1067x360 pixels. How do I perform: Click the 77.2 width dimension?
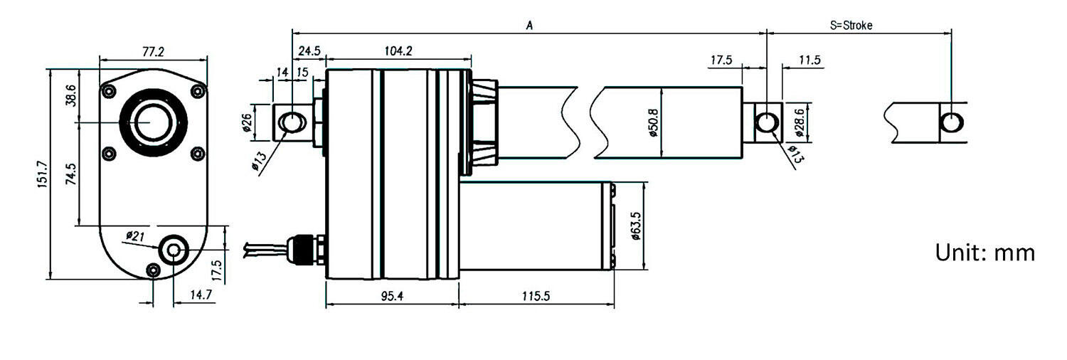pyautogui.click(x=153, y=52)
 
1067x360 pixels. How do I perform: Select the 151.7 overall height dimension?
pyautogui.click(x=41, y=174)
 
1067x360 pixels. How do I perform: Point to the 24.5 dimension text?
pyautogui.click(x=310, y=51)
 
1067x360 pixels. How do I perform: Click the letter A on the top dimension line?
pyautogui.click(x=529, y=25)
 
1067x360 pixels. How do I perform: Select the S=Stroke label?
pyautogui.click(x=851, y=25)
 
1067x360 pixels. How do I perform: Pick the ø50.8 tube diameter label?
pyautogui.click(x=653, y=122)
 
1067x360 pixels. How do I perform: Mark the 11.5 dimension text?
pyautogui.click(x=809, y=60)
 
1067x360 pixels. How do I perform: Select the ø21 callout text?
pyautogui.click(x=136, y=235)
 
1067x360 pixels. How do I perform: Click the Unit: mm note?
pyautogui.click(x=984, y=253)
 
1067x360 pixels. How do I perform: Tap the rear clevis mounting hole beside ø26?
pyautogui.click(x=292, y=122)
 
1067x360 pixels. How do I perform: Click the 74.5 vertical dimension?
pyautogui.click(x=71, y=174)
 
